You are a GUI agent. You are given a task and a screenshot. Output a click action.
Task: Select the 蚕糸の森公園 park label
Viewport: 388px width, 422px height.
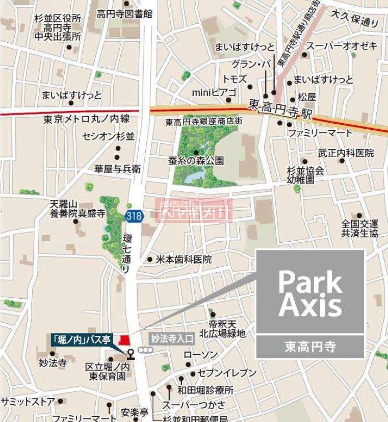tap(196, 161)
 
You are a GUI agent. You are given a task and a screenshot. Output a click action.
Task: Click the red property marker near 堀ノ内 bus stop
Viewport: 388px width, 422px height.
tap(123, 340)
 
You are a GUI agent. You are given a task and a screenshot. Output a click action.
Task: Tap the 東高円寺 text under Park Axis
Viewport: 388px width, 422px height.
tap(310, 347)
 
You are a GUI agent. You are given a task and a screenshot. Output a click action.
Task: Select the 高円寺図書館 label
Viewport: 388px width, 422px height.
tap(124, 14)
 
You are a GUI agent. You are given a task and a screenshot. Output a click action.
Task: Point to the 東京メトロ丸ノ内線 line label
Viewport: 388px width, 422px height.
tap(87, 119)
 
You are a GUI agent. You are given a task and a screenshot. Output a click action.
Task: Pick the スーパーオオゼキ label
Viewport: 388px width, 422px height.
tap(342, 46)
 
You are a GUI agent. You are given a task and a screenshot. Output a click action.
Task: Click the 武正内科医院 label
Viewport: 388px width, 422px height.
tap(346, 153)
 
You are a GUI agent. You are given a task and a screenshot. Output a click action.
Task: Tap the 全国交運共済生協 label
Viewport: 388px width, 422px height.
tap(360, 229)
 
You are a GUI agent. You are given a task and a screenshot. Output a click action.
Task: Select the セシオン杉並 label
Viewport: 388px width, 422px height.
tap(108, 136)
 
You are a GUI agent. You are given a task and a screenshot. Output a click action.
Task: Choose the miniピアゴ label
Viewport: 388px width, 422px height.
tap(214, 92)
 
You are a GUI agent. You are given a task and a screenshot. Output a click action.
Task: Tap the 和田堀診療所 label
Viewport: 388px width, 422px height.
tap(205, 390)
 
